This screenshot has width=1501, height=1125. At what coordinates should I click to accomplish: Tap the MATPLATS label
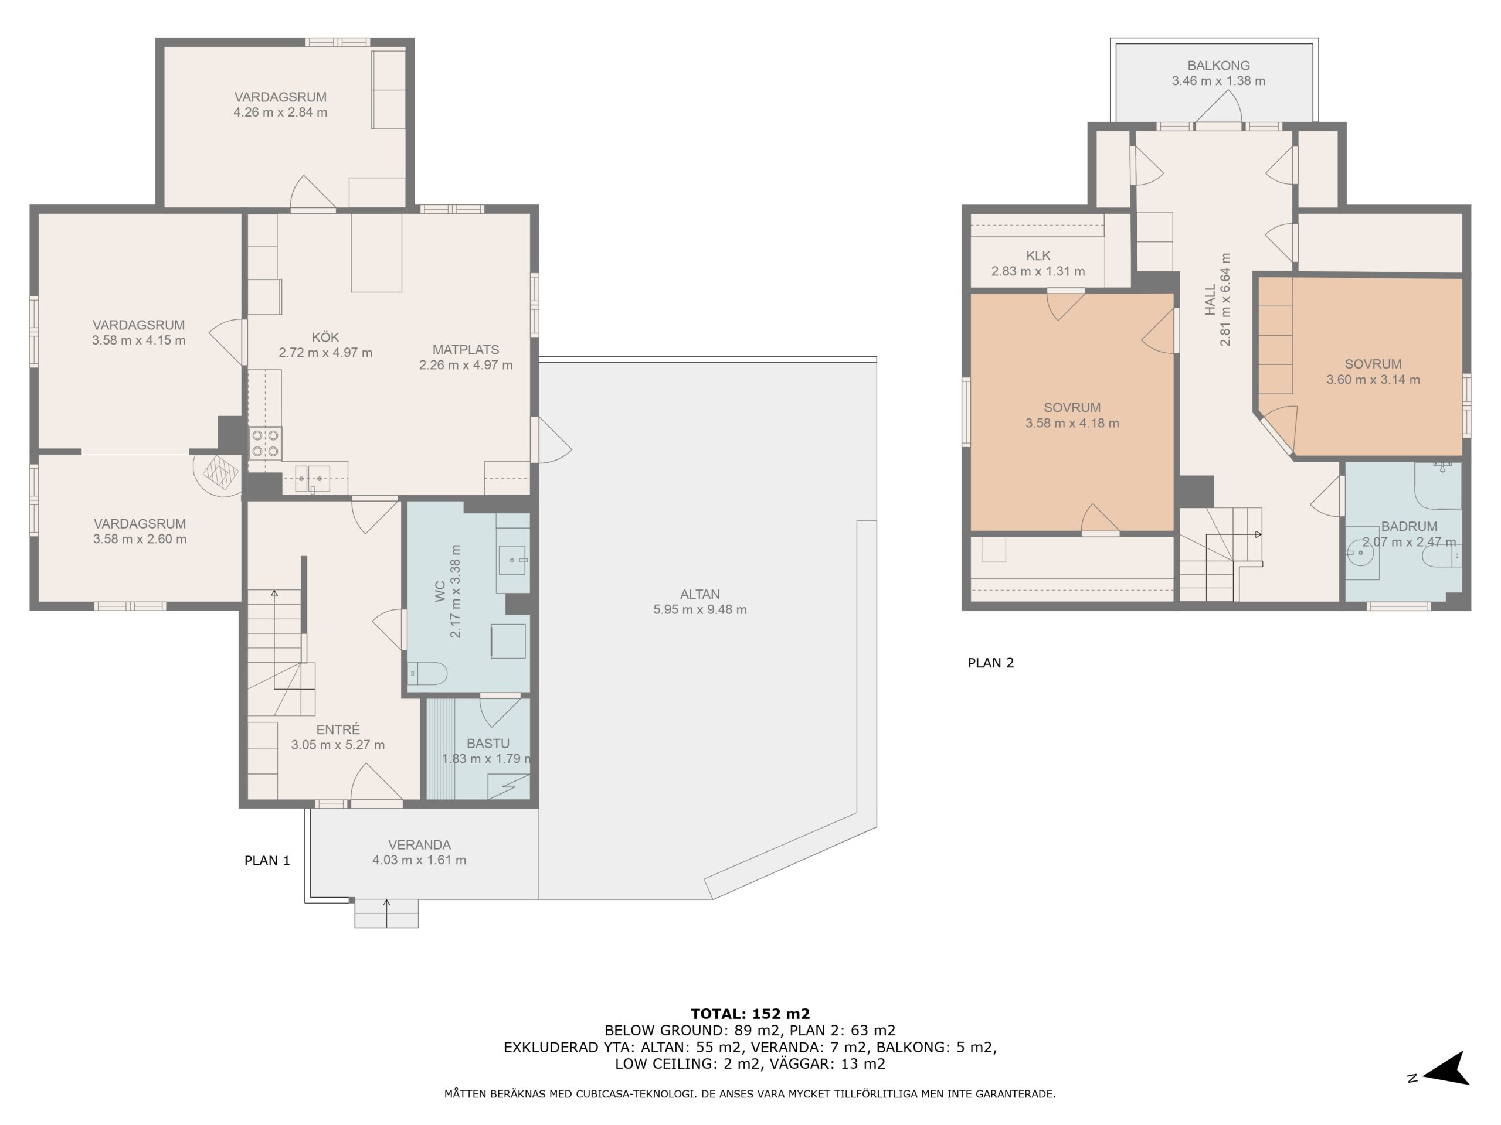click(x=466, y=350)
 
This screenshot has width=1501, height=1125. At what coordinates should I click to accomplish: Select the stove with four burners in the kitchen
click(x=264, y=443)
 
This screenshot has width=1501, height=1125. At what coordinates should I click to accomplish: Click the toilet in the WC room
click(x=427, y=673)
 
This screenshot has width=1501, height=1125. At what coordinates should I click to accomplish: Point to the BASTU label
click(x=488, y=743)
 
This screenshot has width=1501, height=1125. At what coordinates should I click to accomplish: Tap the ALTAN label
click(x=699, y=594)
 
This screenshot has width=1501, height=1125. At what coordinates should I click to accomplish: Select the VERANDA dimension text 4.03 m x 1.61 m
click(x=419, y=860)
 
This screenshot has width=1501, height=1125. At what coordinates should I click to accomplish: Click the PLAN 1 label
click(x=267, y=861)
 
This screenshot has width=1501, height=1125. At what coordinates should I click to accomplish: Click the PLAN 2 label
click(x=991, y=663)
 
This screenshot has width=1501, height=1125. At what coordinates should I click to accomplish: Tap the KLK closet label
click(x=1038, y=255)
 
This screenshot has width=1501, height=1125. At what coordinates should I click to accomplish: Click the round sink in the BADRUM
click(x=1360, y=553)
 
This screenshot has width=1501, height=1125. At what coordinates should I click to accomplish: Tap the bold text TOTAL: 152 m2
click(x=750, y=1014)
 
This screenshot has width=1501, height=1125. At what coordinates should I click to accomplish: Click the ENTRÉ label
click(x=338, y=729)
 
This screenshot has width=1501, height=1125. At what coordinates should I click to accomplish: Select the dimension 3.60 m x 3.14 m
click(x=1373, y=380)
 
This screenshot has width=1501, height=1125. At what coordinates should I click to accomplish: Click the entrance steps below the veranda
click(x=386, y=913)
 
